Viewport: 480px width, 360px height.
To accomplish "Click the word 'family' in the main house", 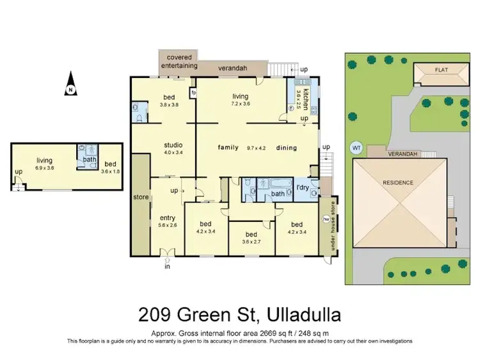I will click(x=228, y=148).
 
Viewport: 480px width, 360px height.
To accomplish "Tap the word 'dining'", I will click(x=287, y=148).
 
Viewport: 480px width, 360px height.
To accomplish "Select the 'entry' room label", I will click(x=167, y=219).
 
